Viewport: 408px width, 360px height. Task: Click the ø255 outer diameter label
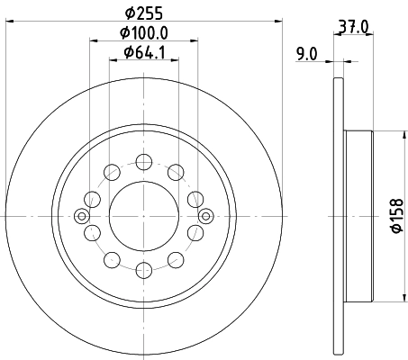(144, 15)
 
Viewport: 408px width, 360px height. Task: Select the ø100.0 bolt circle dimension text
(145, 34)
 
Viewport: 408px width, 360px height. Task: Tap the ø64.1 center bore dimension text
(145, 53)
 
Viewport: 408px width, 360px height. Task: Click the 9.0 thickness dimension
(306, 54)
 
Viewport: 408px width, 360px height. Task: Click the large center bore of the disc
(144, 215)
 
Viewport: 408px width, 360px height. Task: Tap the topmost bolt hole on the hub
(144, 162)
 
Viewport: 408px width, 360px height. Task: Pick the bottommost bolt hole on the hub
(144, 268)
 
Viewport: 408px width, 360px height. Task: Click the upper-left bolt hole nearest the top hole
(113, 172)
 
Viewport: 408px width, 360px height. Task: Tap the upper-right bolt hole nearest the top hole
(176, 172)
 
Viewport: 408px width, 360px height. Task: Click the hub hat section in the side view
(358, 216)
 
